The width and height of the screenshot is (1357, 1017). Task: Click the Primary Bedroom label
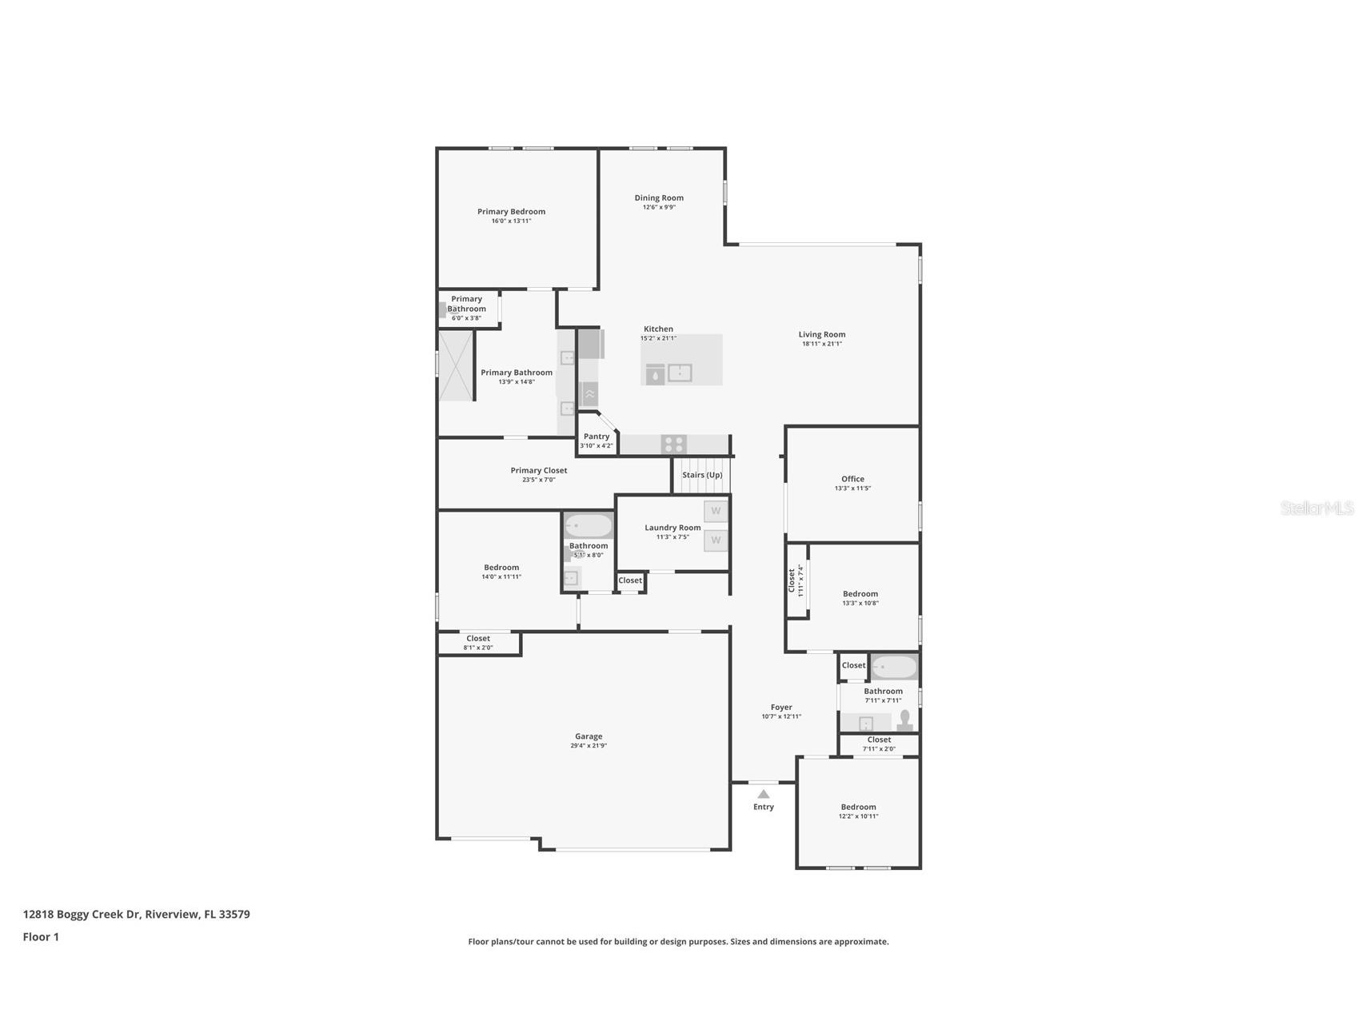click(x=511, y=212)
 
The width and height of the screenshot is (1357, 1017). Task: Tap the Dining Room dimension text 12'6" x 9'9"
click(x=659, y=207)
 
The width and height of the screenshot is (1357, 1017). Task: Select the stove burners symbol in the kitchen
click(x=673, y=445)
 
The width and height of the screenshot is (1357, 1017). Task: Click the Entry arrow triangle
click(x=763, y=794)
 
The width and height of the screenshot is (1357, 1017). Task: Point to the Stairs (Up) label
click(x=701, y=475)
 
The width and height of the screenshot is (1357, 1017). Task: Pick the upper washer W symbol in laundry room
click(x=716, y=511)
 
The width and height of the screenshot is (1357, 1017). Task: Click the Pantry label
click(x=596, y=437)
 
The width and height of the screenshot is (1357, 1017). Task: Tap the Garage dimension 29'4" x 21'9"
click(x=588, y=746)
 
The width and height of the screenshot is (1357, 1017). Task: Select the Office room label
click(x=852, y=479)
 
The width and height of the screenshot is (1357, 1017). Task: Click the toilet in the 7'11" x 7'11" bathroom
click(x=905, y=720)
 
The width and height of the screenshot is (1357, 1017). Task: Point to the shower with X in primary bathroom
click(x=456, y=365)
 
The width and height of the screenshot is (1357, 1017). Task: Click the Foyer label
click(x=781, y=708)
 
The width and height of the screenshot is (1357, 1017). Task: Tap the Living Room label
click(x=821, y=335)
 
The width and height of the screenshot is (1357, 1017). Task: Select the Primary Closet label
click(x=538, y=471)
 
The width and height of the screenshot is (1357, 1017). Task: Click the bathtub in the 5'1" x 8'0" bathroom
click(x=588, y=526)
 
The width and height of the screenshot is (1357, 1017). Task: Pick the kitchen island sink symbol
click(x=679, y=373)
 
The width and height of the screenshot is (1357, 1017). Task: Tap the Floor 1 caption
click(x=41, y=937)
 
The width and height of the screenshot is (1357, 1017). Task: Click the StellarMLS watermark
click(x=1316, y=508)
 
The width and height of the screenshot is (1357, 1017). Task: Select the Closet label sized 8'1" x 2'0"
click(x=478, y=639)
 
